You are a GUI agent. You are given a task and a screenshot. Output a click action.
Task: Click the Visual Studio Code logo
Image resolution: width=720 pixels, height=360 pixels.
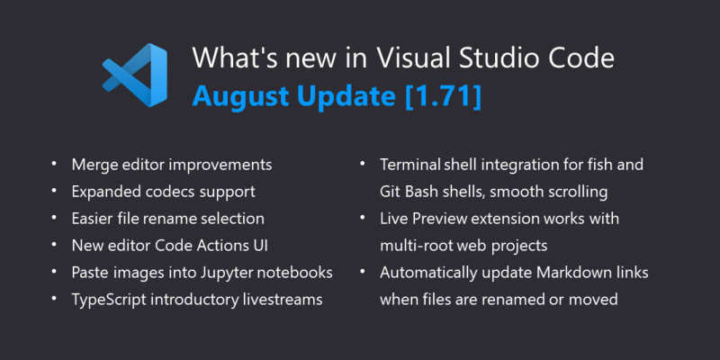(134, 75)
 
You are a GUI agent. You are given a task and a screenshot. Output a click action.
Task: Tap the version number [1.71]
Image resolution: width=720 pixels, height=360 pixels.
(444, 95)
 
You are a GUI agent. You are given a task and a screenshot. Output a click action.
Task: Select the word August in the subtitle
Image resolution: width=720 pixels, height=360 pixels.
(242, 95)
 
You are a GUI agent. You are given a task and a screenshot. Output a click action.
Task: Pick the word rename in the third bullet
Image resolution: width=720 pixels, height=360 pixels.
(169, 219)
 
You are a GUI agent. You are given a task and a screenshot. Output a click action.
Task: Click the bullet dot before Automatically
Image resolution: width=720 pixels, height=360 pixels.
(363, 271)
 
